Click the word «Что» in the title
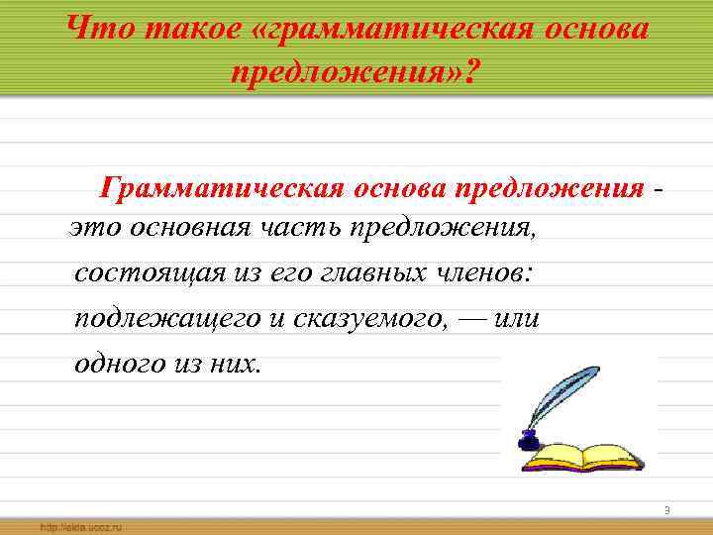[x=101, y=29]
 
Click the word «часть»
[x=308, y=230]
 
